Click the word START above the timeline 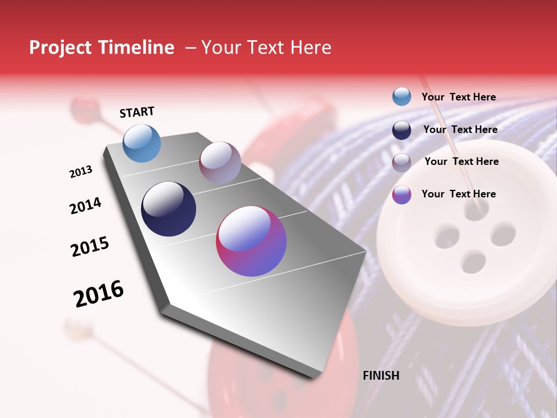coord(137,112)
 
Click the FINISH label coord(381,376)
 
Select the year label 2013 coord(81,172)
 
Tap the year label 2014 coord(85,206)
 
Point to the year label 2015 coord(90,247)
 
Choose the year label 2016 coord(99,294)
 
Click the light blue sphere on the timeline coord(142,143)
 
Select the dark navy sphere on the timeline coord(168,209)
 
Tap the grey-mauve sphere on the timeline coord(220,163)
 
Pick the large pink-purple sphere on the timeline coord(251,241)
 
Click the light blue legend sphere coord(402,97)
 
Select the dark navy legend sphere coord(402,130)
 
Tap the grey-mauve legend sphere coord(402,163)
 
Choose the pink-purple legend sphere coord(402,194)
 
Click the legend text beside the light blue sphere coord(458,97)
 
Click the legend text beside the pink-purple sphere coord(458,194)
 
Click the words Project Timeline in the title coord(102,48)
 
